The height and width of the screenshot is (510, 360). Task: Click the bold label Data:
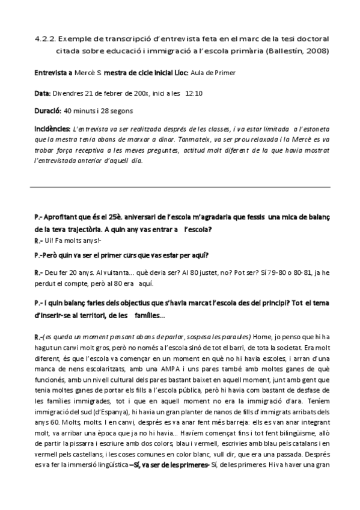[x=43, y=93]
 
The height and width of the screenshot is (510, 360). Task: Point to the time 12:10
[x=194, y=93]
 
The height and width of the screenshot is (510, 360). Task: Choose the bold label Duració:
[x=47, y=111]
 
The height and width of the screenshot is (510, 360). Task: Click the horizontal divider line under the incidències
[x=180, y=187]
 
